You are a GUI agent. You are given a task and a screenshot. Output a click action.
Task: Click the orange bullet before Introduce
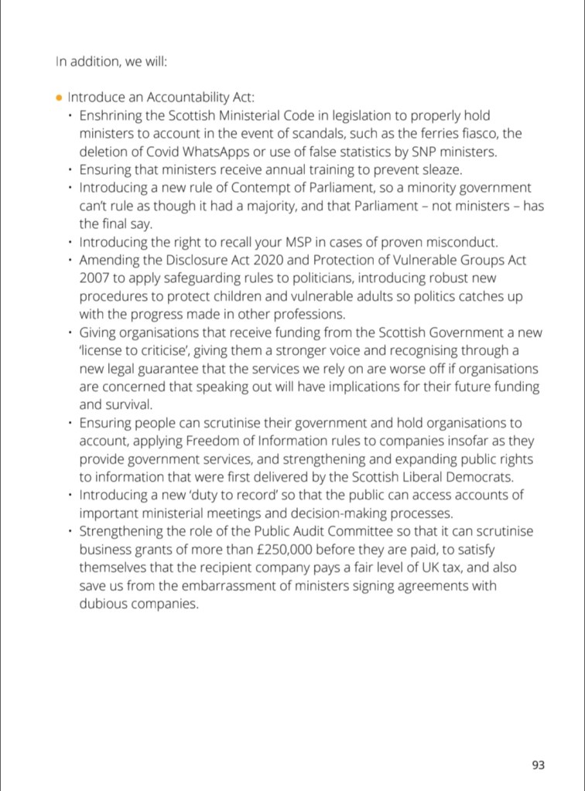point(60,98)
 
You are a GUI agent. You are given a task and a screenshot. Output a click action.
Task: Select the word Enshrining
point(111,116)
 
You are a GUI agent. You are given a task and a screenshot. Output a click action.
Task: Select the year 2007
point(94,278)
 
